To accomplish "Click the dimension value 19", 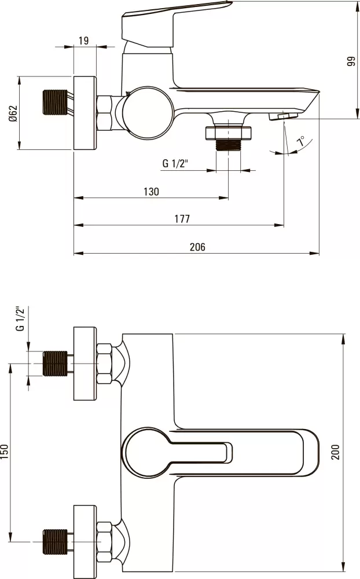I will (x=84, y=41).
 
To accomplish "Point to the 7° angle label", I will (x=300, y=142).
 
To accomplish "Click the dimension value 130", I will (x=150, y=192).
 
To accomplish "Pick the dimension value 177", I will (x=182, y=219).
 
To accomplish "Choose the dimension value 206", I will (x=197, y=247).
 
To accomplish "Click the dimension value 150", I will (x=5, y=452).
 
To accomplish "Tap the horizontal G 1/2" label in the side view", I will (x=174, y=164).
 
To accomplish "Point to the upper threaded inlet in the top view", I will (x=56, y=364).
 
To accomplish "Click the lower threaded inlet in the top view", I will (x=56, y=541).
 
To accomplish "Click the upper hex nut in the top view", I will (x=105, y=364).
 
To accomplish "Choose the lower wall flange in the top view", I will (x=85, y=541).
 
